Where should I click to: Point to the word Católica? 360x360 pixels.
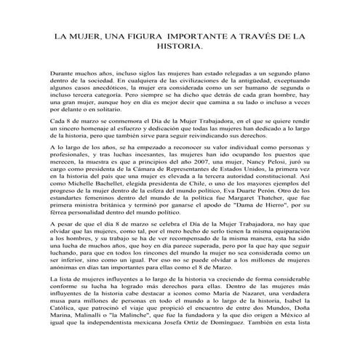[67, 329]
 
